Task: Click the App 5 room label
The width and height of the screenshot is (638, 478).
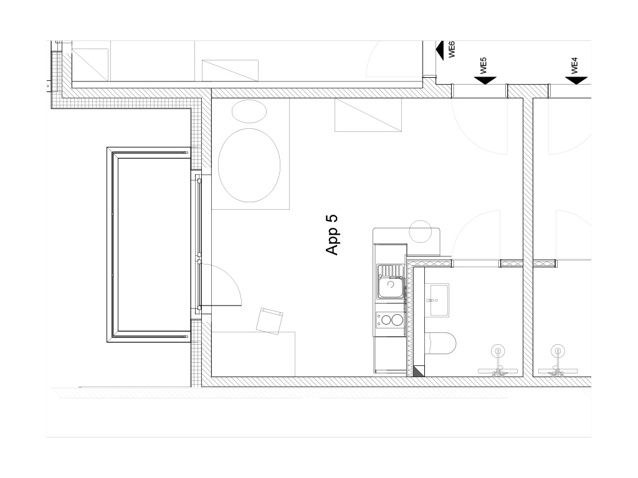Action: click(332, 235)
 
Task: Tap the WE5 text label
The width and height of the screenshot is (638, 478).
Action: click(483, 65)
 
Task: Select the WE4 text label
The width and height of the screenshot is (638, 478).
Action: click(574, 65)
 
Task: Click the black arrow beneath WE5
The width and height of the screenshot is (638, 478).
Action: click(485, 80)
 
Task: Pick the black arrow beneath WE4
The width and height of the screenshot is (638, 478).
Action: click(576, 80)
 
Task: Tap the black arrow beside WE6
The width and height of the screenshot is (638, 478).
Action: click(439, 50)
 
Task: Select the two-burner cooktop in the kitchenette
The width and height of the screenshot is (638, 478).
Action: click(390, 319)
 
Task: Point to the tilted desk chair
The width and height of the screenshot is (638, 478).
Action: click(269, 321)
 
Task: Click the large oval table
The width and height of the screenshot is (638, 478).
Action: click(249, 165)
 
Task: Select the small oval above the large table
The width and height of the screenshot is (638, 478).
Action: click(249, 111)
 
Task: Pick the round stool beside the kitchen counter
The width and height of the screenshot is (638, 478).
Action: click(421, 232)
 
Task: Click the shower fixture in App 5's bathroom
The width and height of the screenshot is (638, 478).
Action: click(498, 361)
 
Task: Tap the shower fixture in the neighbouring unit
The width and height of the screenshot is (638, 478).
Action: click(558, 361)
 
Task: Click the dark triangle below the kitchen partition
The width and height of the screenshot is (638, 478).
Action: click(419, 371)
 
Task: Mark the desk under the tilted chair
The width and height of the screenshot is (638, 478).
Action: click(253, 354)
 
